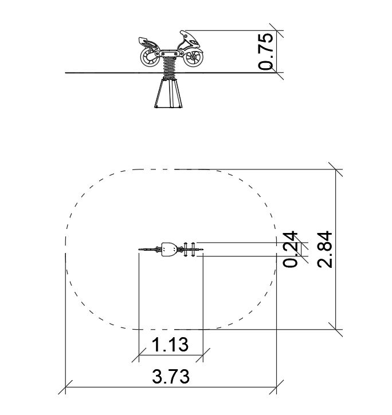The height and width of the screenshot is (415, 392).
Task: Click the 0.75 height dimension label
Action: (x=266, y=52)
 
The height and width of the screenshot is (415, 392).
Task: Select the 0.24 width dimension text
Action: (x=290, y=250)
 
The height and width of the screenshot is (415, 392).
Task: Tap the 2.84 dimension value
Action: (x=325, y=250)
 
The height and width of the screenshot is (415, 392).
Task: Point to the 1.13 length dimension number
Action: (x=170, y=345)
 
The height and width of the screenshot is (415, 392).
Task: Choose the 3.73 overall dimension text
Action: (x=171, y=376)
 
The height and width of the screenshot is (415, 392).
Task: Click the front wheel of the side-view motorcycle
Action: (x=193, y=57)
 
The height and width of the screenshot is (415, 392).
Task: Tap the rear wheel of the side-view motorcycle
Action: (x=150, y=57)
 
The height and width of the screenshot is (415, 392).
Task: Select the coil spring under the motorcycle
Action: (x=170, y=68)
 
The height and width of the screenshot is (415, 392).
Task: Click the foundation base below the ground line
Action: (x=168, y=93)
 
